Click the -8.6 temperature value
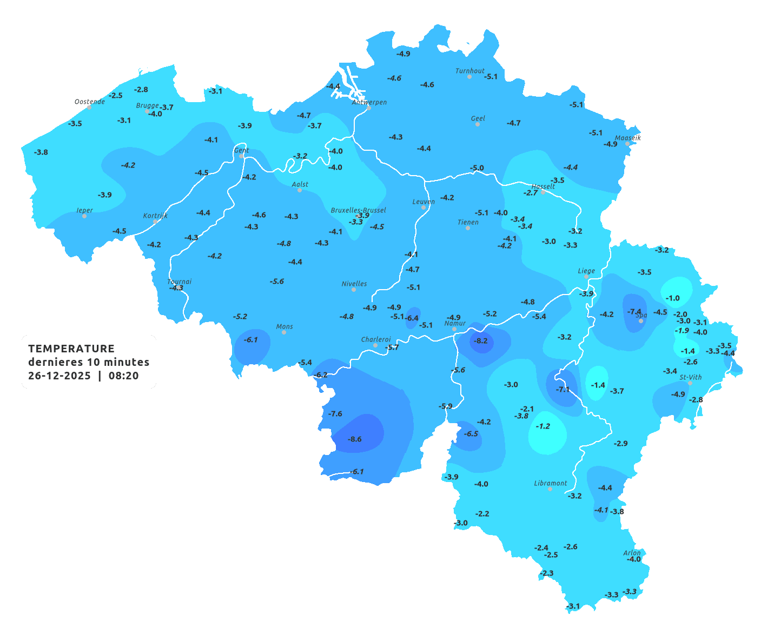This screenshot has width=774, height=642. (x=355, y=439)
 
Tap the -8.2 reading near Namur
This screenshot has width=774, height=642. (x=481, y=341)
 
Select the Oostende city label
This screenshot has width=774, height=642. (x=89, y=102)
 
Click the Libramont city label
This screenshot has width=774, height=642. (x=550, y=483)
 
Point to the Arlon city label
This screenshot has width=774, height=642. (x=631, y=553)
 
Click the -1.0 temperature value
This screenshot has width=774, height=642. (x=672, y=298)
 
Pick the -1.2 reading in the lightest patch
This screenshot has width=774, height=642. (x=543, y=426)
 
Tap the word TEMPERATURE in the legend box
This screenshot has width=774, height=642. (x=71, y=349)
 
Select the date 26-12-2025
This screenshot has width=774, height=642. (x=59, y=376)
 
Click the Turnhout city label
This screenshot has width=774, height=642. (x=469, y=71)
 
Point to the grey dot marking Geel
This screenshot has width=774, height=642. (x=478, y=124)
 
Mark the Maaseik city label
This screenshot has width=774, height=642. (x=627, y=138)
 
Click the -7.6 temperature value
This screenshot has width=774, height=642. (x=335, y=414)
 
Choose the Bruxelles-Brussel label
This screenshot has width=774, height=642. (x=358, y=210)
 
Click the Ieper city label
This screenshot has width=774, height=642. (x=84, y=210)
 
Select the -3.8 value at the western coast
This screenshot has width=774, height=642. (x=41, y=152)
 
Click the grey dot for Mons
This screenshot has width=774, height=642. (x=284, y=332)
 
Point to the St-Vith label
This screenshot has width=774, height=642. (x=690, y=377)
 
